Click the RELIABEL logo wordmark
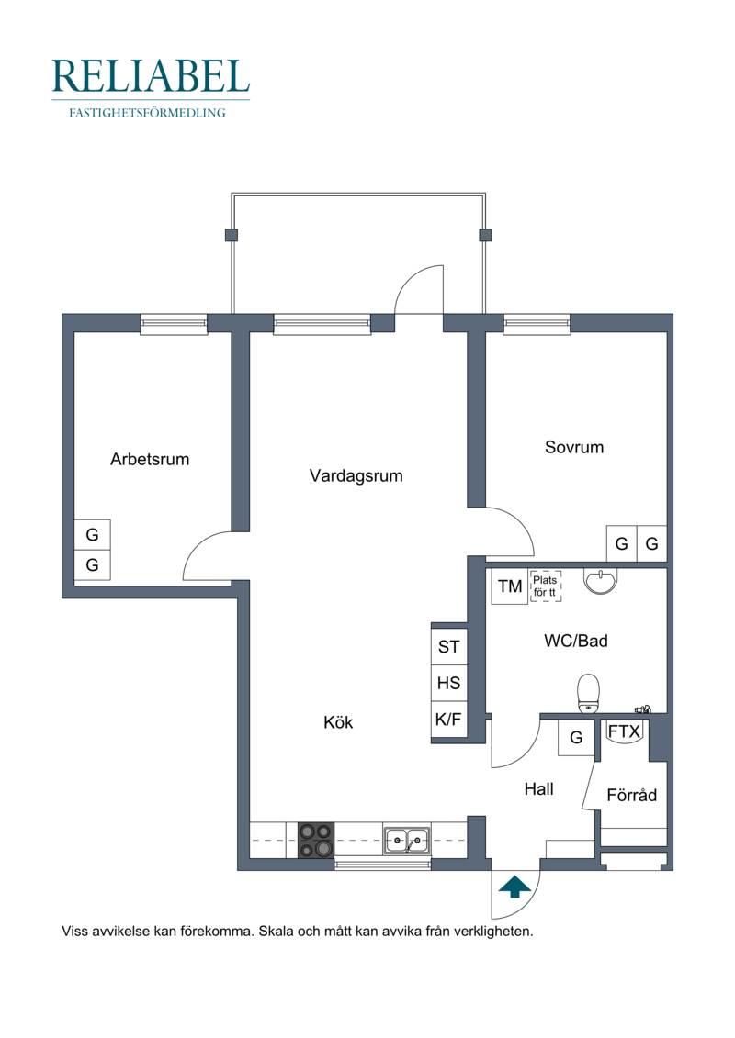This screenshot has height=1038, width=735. (151, 76)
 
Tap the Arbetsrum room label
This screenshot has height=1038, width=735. (150, 459)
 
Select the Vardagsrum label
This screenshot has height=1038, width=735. (356, 476)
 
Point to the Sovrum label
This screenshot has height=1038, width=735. (574, 447)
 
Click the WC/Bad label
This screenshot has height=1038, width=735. (575, 640)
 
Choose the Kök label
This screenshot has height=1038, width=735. (338, 721)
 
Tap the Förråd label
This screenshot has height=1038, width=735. (631, 795)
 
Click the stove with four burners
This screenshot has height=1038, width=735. (315, 840)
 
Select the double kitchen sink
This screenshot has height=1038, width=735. (406, 841)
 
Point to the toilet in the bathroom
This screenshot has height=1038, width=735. (588, 693)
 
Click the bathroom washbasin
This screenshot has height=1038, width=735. (601, 581)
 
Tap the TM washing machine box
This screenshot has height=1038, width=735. (510, 586)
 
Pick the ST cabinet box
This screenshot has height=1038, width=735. (448, 646)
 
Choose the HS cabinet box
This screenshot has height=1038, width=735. (448, 683)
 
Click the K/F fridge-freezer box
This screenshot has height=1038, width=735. (448, 719)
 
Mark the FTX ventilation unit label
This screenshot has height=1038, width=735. (625, 731)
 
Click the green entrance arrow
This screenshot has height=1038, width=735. (514, 887)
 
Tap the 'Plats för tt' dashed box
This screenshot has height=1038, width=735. (546, 586)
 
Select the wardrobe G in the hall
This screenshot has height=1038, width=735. (576, 737)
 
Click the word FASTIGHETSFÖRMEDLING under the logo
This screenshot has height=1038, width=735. (147, 113)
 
